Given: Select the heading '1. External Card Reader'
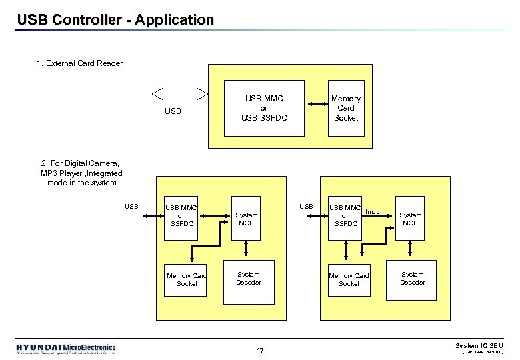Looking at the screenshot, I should [80, 63].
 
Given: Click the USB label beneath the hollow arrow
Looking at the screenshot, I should [173, 111].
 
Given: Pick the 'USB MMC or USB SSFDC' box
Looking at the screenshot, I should [263, 108].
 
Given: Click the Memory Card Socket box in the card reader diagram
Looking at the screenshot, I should [345, 108].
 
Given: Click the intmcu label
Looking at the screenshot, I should [371, 212].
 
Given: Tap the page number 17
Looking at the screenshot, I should [260, 350].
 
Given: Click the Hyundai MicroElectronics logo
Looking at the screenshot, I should [66, 349].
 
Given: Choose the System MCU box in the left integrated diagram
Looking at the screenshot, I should [246, 219].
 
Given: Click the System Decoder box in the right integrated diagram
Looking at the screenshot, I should [411, 278].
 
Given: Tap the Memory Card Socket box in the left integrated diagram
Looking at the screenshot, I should [187, 279].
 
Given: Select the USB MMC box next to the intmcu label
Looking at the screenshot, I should [345, 215].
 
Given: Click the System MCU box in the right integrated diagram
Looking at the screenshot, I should [410, 219].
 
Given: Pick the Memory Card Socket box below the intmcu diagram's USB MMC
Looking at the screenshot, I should [349, 279].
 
